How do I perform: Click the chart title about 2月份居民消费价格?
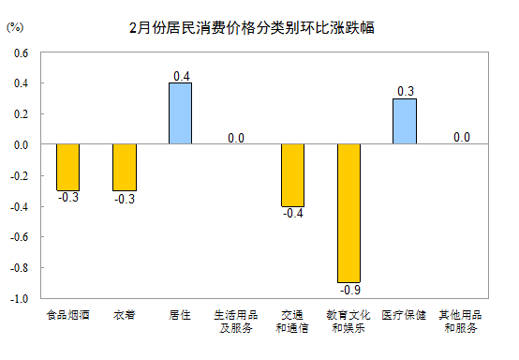click(x=252, y=27)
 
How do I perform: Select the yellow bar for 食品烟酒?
click(x=67, y=167)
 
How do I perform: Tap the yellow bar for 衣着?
click(x=125, y=167)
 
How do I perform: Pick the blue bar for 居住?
click(x=181, y=113)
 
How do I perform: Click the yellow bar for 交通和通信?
click(x=292, y=175)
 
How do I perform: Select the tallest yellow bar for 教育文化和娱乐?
click(x=348, y=214)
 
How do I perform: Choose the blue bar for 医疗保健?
click(x=405, y=121)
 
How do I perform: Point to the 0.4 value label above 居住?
click(x=182, y=76)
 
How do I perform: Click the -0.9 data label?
click(x=350, y=290)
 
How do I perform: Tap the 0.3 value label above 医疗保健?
click(x=406, y=91)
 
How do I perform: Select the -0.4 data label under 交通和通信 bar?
click(x=293, y=214)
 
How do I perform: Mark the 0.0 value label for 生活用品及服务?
click(x=236, y=138)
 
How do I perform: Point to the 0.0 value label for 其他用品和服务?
click(x=462, y=137)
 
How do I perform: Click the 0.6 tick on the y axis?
click(x=22, y=53)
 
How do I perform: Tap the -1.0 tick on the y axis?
click(x=19, y=299)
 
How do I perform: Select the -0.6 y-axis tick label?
click(x=19, y=237)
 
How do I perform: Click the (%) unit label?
click(x=15, y=27)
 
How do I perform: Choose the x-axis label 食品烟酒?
click(x=67, y=315)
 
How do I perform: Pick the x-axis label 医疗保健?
click(x=404, y=315)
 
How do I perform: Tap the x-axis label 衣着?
click(x=125, y=315)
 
